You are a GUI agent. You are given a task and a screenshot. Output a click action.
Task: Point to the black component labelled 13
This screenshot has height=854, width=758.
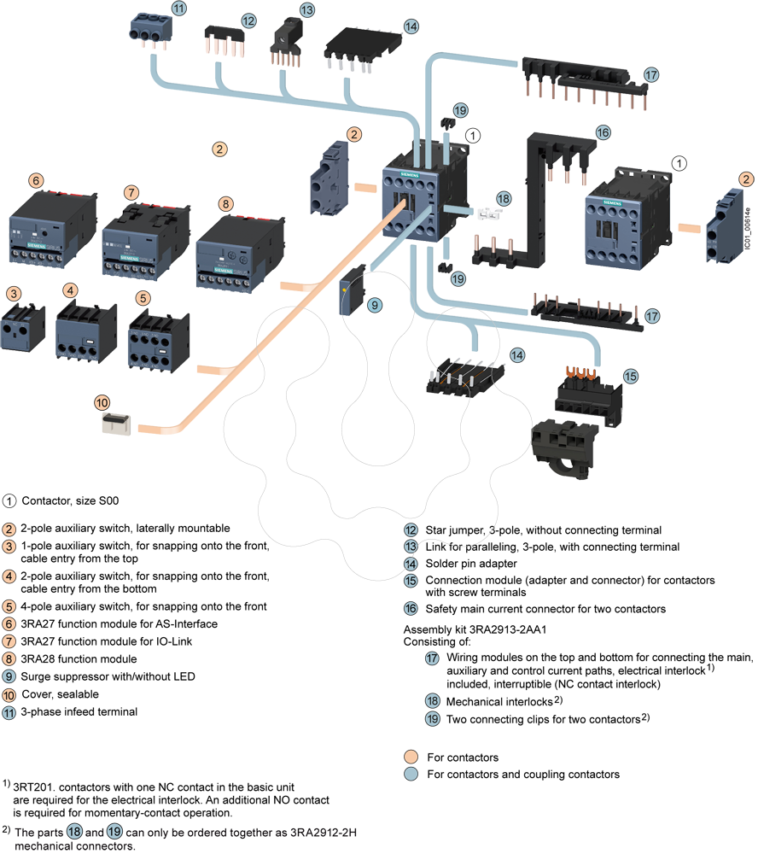tap(283, 44)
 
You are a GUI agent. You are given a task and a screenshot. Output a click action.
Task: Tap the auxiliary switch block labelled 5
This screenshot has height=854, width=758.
tap(157, 340)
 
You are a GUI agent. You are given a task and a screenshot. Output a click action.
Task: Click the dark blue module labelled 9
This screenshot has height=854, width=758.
tap(351, 294)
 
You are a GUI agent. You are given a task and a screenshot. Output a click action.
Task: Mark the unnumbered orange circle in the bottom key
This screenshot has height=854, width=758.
tap(411, 756)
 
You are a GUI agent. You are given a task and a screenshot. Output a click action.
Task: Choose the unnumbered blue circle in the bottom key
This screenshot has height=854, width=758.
tap(411, 774)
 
